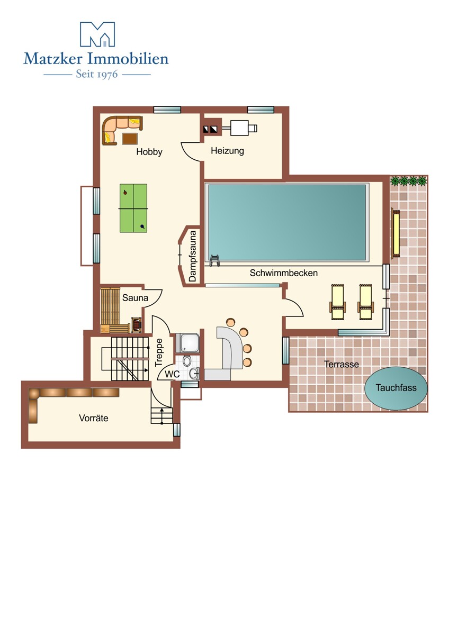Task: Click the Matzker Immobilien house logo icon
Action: point(97,34)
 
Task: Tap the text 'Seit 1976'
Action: point(97,74)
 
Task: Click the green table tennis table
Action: point(133,208)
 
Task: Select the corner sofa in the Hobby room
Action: point(121,130)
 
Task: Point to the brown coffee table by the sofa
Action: point(130,139)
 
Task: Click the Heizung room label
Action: point(227,151)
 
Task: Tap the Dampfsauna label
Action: point(192,256)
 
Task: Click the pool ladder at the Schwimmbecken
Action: point(214,260)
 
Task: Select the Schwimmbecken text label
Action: point(283,273)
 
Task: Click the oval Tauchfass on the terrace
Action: point(396,388)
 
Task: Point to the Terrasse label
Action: point(341,364)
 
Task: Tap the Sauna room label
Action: point(135,298)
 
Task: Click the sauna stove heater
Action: point(137,324)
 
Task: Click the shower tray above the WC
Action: point(187,343)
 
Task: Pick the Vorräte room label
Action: point(94,418)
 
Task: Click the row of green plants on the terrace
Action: point(408,180)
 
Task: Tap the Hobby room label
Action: point(149,152)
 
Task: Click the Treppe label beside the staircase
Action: point(159,352)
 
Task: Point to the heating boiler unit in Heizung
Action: point(239,128)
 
